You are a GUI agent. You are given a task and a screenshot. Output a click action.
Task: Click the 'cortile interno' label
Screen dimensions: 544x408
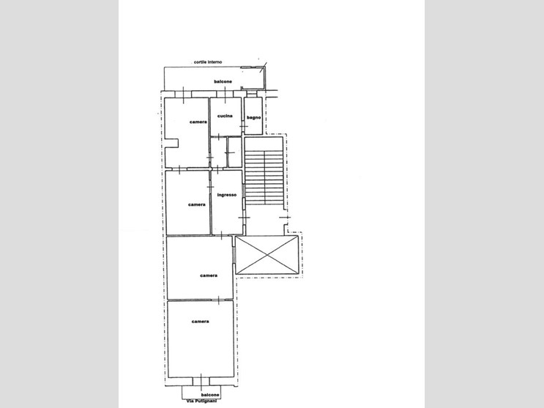pos(208,62)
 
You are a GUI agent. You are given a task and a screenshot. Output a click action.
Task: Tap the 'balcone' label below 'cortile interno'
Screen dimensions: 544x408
pos(223,81)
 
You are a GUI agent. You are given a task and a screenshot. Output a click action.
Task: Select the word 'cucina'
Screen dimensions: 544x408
pos(225,116)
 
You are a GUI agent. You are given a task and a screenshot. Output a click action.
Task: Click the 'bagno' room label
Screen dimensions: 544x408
pos(253,118)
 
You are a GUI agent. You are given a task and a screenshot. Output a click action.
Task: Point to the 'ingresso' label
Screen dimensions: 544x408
pos(227,195)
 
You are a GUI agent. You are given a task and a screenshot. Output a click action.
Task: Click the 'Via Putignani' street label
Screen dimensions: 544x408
pos(201,401)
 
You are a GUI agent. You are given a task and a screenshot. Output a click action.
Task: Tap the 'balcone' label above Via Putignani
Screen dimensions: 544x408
pos(210,395)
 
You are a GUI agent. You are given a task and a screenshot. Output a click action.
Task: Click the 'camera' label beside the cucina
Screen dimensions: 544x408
pos(198,122)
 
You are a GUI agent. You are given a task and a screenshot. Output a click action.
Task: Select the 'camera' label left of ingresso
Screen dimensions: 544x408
pos(197,205)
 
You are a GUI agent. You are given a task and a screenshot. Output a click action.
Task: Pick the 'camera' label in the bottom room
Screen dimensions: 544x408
pos(200,322)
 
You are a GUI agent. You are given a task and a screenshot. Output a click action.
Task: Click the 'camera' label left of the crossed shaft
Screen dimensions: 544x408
pos(209,275)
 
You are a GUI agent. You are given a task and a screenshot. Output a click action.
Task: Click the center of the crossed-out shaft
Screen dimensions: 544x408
pos(267,255)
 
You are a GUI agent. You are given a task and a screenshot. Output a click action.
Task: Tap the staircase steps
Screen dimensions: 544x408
pos(264,177)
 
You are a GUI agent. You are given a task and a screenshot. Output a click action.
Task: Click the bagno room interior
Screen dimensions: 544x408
pos(253,116)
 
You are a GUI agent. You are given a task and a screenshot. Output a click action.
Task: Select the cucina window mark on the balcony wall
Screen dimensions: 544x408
pos(226,94)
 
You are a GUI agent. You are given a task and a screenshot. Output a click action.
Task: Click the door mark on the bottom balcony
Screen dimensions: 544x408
pos(201,381)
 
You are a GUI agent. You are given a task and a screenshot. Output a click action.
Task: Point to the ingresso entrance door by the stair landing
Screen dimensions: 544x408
pos(245,218)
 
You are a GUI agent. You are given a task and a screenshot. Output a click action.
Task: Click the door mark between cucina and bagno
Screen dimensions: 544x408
pos(244,127)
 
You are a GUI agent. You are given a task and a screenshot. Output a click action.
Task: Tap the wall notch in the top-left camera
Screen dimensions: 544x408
pos(172,144)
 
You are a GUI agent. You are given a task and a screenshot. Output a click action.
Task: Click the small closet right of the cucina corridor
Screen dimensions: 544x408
pos(235,152)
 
